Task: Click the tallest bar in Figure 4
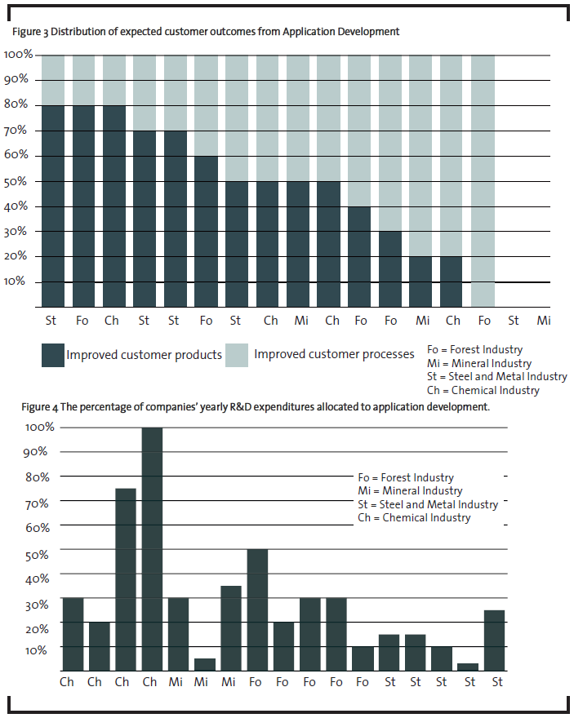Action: (149, 548)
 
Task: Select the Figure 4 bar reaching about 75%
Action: (125, 579)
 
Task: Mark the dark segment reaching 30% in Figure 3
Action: (391, 268)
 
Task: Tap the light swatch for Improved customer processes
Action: (238, 355)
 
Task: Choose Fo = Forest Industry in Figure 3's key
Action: (474, 350)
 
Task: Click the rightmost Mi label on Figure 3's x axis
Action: (545, 321)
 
